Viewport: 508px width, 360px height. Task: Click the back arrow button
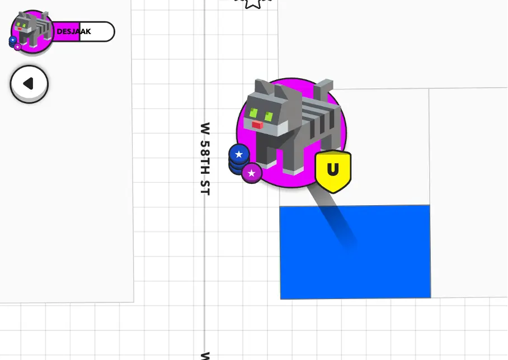click(x=29, y=83)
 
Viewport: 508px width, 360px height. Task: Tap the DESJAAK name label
click(x=73, y=32)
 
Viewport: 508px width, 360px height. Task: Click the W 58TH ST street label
click(x=205, y=159)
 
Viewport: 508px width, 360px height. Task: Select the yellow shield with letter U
click(x=333, y=171)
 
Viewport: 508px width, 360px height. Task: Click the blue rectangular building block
click(x=355, y=252)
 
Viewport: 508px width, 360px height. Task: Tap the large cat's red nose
click(x=257, y=125)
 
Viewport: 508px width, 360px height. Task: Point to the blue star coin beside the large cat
click(x=239, y=154)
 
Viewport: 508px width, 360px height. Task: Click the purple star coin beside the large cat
click(x=252, y=173)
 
